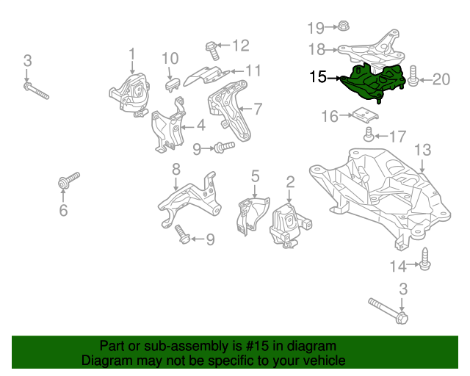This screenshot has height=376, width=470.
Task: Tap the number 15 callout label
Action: (x=319, y=76)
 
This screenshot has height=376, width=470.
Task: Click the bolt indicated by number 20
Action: (x=413, y=77)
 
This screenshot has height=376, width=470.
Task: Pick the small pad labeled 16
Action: (x=362, y=115)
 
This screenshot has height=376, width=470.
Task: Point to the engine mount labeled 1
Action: (x=129, y=95)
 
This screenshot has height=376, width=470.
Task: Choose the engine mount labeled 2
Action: (x=289, y=224)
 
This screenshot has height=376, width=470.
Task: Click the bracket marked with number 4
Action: (x=169, y=131)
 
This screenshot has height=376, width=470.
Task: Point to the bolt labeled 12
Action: (x=211, y=50)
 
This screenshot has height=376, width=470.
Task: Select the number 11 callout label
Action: (x=253, y=70)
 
